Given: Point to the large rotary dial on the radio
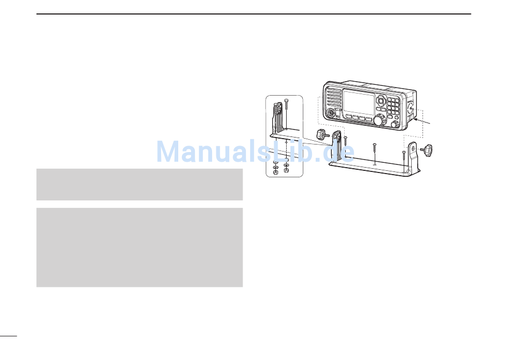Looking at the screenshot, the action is [x=378, y=120].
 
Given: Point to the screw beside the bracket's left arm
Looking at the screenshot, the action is [x=345, y=142].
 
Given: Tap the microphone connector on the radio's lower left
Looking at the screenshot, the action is [x=329, y=114].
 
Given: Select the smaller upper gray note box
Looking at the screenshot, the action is [x=140, y=184].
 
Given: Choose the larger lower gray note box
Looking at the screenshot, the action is [x=140, y=247].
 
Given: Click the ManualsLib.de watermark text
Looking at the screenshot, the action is [x=255, y=152].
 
